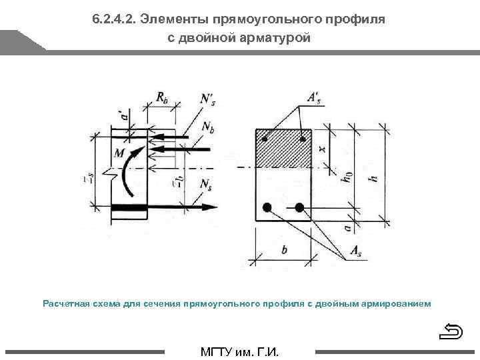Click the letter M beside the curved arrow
tap(120, 153)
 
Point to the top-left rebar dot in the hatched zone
tap(265, 139)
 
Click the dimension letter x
tap(323, 148)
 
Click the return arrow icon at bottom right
tap(451, 331)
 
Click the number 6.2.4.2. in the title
tap(114, 19)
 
